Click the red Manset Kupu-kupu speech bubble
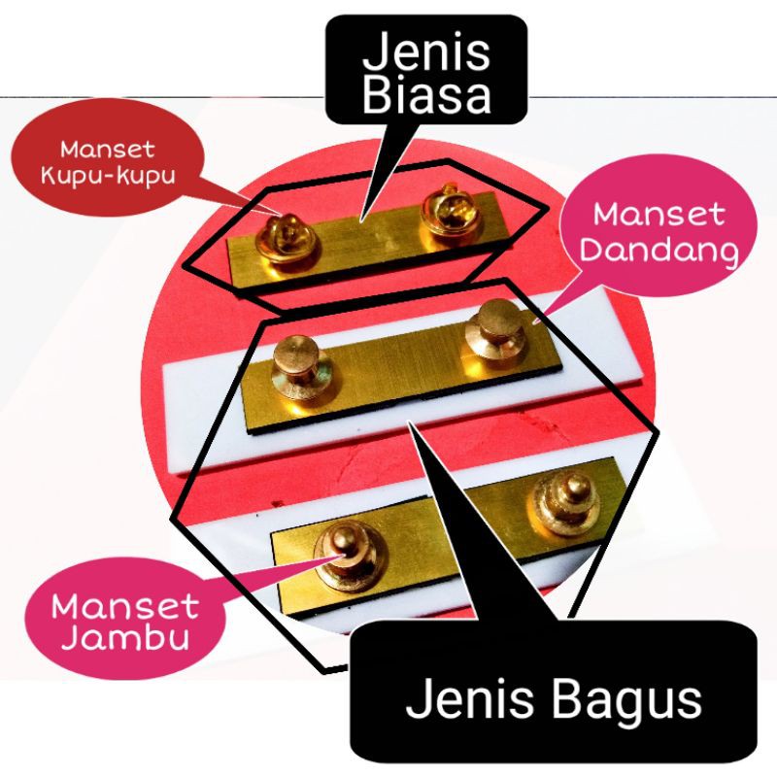(x=102, y=165)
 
